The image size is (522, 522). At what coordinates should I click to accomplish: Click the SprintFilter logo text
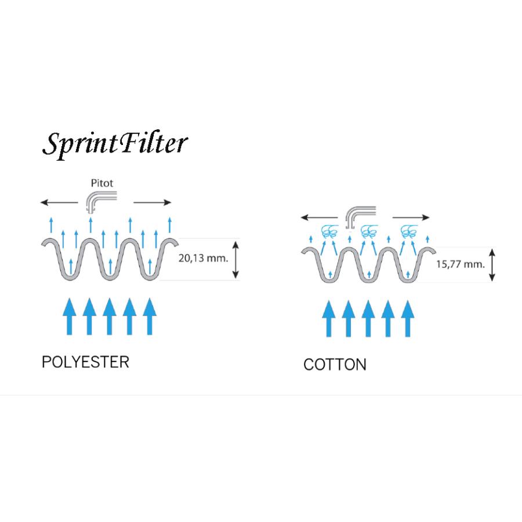pos(115,144)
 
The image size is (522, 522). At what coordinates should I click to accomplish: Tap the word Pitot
pos(102,183)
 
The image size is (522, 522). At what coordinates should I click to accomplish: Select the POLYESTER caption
pos(86,362)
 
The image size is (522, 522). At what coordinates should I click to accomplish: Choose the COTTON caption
pos(335,365)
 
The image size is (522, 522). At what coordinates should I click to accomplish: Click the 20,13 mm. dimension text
pos(203,258)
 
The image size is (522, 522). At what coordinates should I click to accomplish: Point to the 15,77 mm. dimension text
pos(460,264)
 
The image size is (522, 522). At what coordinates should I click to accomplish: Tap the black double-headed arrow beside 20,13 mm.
pos(235,260)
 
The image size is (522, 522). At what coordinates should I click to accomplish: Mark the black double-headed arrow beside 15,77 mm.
pos(492,265)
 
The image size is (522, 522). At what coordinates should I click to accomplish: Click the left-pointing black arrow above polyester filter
pos(59,202)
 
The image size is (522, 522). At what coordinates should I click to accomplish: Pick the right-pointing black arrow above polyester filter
pos(152,202)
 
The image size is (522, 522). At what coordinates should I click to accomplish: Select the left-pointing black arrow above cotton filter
pos(319,217)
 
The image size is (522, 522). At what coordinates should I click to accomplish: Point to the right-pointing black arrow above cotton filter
pos(411,217)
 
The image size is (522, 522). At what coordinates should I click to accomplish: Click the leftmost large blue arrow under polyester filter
pos(69,316)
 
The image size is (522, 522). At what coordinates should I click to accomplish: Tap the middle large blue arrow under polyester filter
pos(109,316)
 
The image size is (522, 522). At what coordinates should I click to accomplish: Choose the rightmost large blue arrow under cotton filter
pos(408,319)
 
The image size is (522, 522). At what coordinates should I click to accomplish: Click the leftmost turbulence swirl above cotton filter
pos(329,231)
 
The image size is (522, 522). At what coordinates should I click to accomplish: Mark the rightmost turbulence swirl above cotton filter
pos(409,231)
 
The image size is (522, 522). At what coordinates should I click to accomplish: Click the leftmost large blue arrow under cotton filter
pos(329,319)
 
